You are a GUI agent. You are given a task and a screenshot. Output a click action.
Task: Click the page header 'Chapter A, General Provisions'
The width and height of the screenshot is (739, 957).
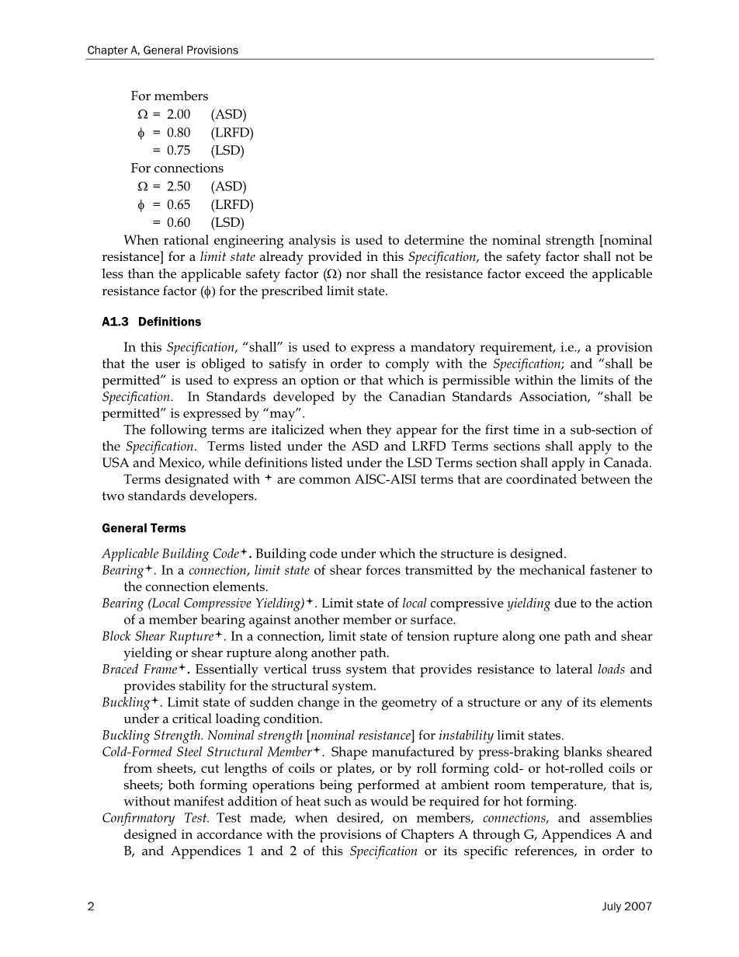point(162,50)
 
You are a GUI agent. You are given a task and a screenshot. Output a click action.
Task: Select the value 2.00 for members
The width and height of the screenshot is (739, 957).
point(179,115)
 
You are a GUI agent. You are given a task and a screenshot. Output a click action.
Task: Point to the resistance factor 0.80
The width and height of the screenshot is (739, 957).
point(179,133)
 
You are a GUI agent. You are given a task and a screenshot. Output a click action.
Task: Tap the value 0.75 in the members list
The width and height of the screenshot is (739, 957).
point(179,151)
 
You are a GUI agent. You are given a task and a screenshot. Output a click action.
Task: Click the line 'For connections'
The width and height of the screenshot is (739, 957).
point(177,169)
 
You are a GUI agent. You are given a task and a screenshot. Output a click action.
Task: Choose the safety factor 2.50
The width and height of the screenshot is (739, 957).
point(179,187)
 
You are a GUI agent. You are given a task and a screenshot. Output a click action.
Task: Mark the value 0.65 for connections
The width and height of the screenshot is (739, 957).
point(179,205)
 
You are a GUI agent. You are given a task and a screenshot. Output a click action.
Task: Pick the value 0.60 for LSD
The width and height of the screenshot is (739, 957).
point(179,223)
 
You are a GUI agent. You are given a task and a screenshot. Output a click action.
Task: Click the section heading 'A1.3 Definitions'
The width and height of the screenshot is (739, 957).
point(151,322)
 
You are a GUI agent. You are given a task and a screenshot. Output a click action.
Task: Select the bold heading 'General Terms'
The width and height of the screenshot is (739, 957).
point(144,528)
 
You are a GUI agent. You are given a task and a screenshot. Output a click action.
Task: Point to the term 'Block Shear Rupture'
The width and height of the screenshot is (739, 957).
point(158,637)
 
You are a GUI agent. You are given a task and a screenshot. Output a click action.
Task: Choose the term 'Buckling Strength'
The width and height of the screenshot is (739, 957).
point(150,736)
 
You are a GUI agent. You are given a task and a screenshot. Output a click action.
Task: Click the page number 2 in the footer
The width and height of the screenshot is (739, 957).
point(91,907)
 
